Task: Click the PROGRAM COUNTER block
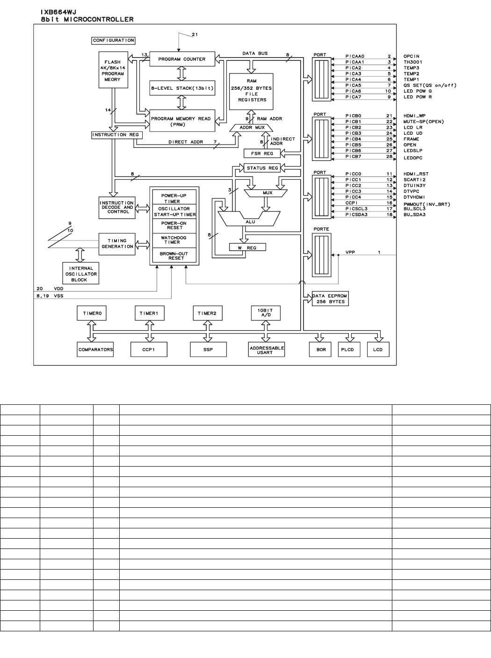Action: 182,59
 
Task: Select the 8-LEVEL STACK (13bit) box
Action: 182,88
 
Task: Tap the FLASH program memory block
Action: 113,71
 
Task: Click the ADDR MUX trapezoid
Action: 252,127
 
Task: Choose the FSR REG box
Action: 262,154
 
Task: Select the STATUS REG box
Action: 262,168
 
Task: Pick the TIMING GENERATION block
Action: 117,244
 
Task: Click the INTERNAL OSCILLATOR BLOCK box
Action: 81,274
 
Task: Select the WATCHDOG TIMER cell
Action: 174,240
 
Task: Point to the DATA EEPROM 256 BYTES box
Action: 330,299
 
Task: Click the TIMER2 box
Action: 207,313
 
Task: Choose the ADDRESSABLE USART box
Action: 267,350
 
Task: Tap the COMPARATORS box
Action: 95,350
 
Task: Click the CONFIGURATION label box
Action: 113,41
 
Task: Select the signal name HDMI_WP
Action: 415,116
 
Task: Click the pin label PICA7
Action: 353,97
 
